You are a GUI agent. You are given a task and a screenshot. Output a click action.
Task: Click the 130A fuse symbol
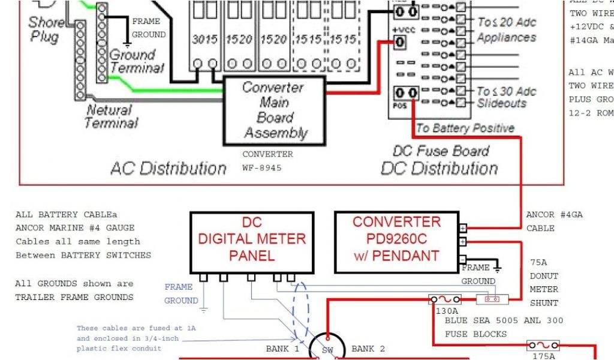click(x=445, y=299)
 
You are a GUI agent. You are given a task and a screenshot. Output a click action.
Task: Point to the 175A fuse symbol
click(x=543, y=346)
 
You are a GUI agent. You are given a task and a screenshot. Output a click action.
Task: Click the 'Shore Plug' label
click(x=45, y=30)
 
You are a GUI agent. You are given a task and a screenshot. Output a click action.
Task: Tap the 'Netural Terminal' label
click(x=111, y=116)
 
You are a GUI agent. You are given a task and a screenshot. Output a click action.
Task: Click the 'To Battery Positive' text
click(x=465, y=128)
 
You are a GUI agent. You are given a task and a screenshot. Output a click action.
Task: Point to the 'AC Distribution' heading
click(x=168, y=169)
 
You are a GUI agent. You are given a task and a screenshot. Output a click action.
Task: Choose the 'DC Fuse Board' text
click(x=441, y=151)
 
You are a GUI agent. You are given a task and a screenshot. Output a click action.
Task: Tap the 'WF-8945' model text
click(x=262, y=167)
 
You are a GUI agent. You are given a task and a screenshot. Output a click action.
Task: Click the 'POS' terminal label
click(x=399, y=106)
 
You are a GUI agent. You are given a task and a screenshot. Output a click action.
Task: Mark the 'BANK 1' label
click(x=282, y=349)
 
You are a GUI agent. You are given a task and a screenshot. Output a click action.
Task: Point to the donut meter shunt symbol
click(x=492, y=299)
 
